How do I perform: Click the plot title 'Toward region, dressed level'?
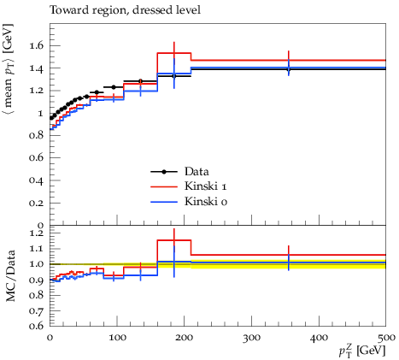click(x=126, y=10)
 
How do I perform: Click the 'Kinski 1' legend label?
click(x=206, y=186)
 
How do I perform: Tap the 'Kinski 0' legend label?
click(x=206, y=202)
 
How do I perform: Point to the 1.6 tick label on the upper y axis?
click(x=37, y=45)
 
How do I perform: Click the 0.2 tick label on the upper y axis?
click(x=37, y=204)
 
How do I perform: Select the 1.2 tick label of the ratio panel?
click(x=37, y=233)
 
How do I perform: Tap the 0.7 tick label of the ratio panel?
click(x=37, y=310)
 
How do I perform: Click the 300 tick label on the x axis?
click(x=251, y=338)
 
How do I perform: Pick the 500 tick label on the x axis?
click(x=385, y=338)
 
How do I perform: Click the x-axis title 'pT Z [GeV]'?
click(x=362, y=350)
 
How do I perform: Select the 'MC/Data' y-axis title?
click(x=10, y=276)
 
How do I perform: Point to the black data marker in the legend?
click(x=164, y=172)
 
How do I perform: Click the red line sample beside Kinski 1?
click(x=164, y=186)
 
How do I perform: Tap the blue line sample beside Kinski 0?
click(x=164, y=202)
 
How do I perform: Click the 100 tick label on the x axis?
click(x=117, y=338)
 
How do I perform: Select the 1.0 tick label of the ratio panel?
click(x=37, y=264)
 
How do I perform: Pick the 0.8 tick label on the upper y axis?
click(x=37, y=135)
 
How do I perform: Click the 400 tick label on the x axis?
click(x=319, y=338)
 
